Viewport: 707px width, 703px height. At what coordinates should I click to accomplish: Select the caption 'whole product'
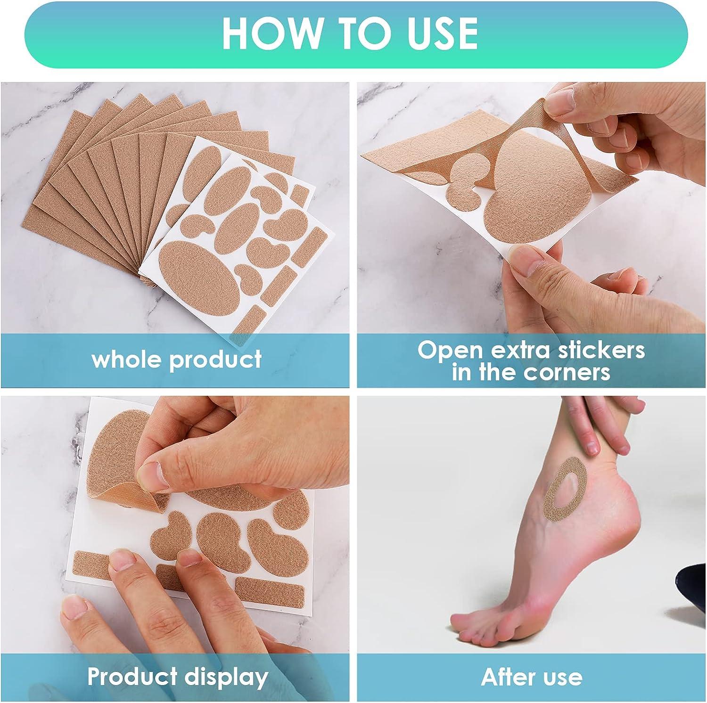point(177,359)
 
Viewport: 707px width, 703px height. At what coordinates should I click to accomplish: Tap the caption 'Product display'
point(178,677)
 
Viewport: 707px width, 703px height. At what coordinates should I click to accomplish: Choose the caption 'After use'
point(532,677)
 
